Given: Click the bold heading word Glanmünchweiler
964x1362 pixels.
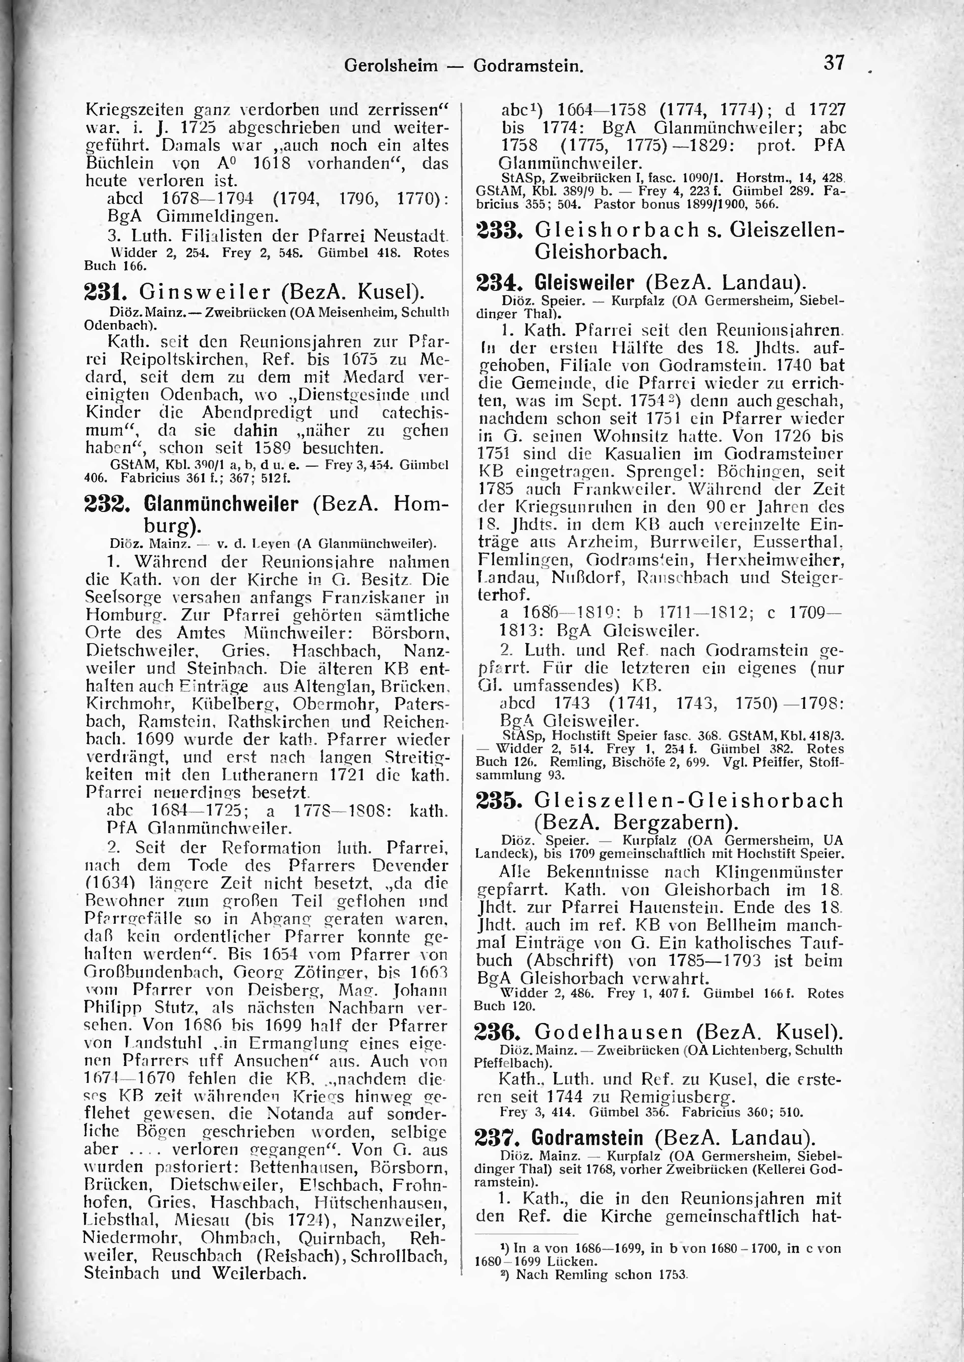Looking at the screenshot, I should click(x=221, y=504).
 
